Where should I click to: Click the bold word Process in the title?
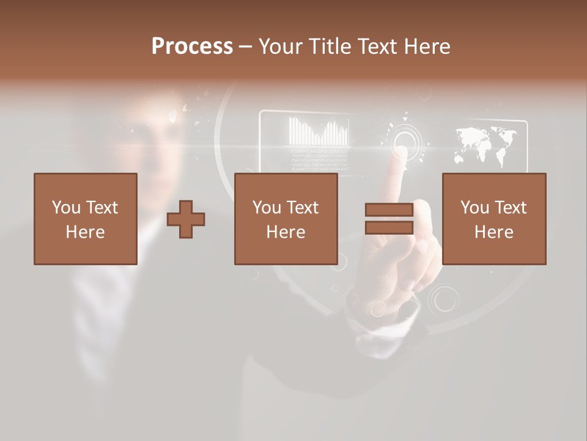pos(192,47)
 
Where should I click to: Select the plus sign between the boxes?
pos(186,219)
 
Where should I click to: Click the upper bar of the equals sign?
pos(389,210)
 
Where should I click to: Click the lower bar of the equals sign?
pos(389,228)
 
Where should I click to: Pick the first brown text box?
pos(86,219)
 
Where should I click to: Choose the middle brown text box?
pos(286,219)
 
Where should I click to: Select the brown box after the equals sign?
pos(494,219)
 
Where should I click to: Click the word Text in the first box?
pos(102,208)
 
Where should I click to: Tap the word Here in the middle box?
pos(286,232)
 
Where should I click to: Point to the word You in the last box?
pos(474,208)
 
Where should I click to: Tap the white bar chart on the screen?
pos(319,132)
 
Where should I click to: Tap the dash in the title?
pos(246,47)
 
